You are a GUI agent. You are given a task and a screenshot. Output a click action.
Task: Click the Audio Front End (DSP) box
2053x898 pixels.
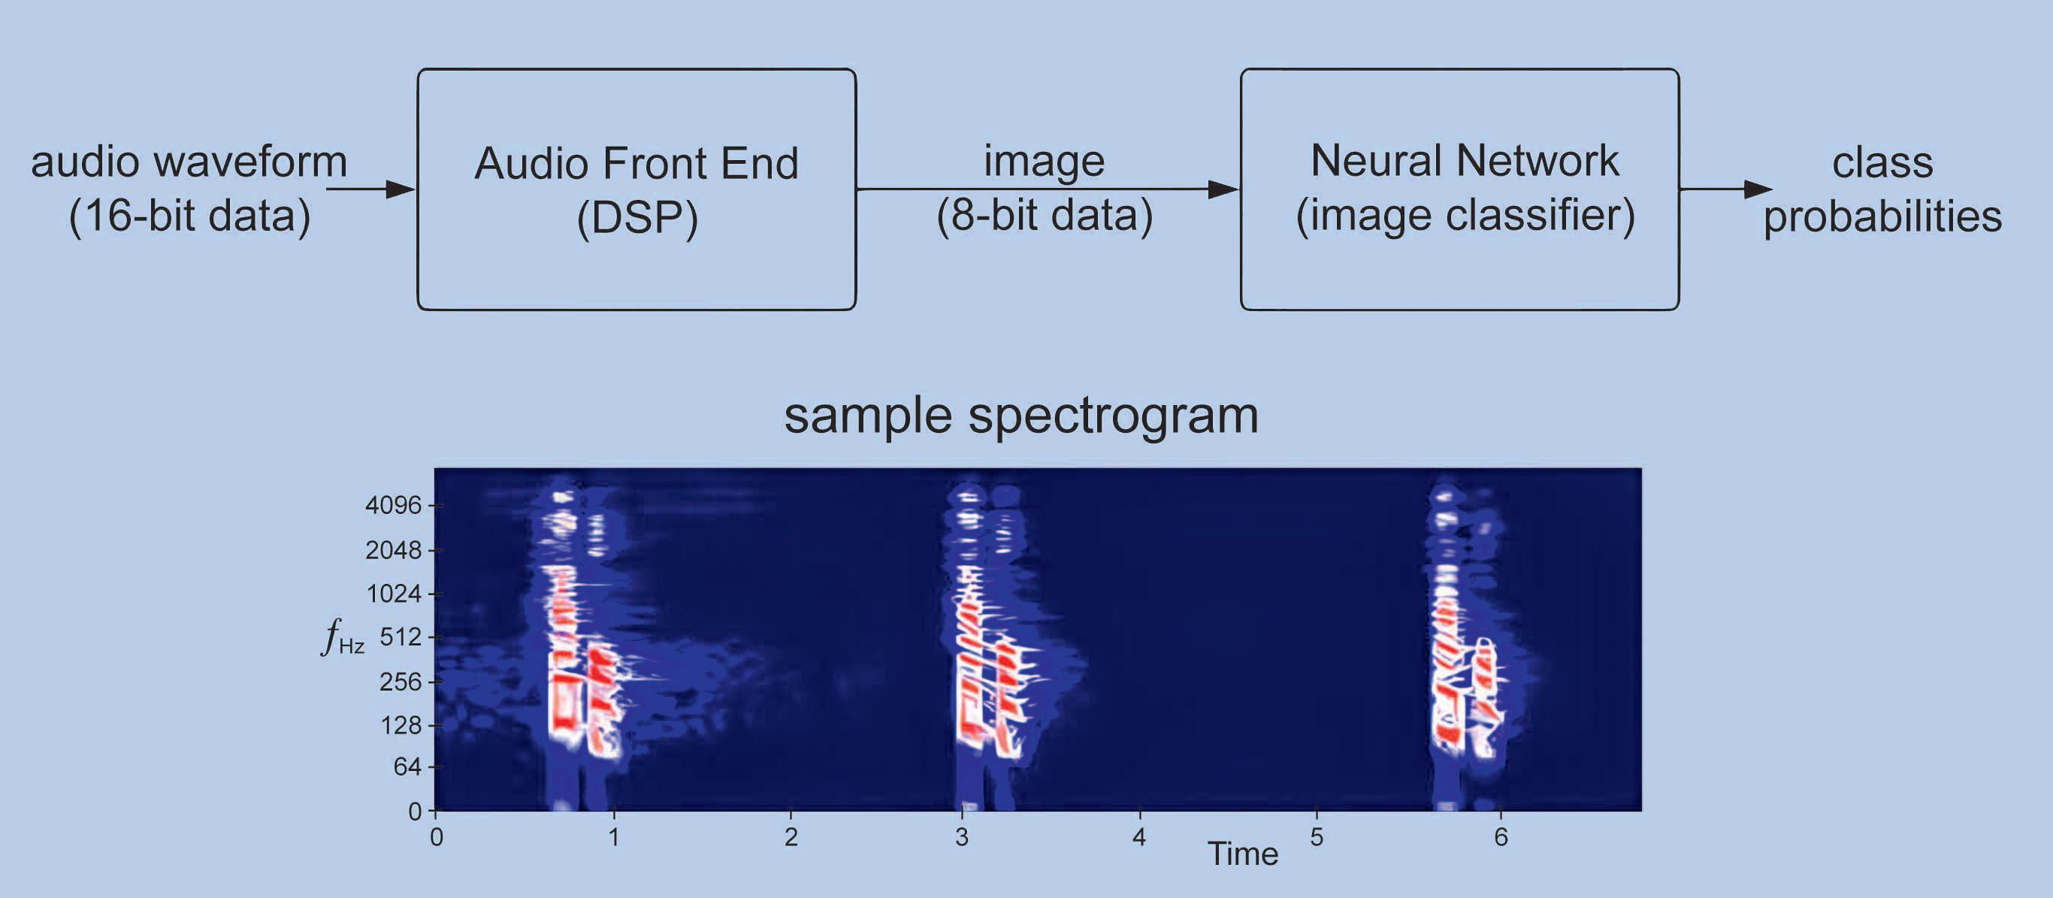point(636,189)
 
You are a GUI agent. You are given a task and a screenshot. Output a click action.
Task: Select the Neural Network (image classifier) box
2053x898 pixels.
point(1459,189)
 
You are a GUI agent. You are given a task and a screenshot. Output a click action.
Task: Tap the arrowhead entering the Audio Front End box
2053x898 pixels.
point(400,189)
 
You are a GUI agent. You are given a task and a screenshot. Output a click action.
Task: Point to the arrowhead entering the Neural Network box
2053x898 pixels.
point(1223,189)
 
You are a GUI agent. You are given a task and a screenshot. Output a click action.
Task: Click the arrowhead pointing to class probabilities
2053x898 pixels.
point(1758,189)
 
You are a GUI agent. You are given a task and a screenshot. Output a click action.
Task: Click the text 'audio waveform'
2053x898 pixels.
point(189,162)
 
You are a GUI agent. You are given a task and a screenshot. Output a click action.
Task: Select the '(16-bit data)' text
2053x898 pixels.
point(189,216)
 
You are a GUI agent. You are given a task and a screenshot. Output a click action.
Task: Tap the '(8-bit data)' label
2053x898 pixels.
point(1044,215)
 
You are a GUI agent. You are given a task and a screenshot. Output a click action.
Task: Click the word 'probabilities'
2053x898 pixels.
point(1882,216)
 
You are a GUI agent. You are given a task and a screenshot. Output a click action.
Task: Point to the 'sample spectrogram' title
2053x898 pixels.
point(1021,415)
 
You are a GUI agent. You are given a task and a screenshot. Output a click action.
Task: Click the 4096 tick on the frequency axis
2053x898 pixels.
point(393,505)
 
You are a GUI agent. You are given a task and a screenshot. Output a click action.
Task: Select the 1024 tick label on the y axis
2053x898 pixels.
point(393,594)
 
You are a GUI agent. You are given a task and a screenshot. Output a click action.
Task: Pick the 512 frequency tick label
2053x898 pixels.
point(400,636)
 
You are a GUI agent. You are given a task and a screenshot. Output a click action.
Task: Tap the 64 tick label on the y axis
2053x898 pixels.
point(407,766)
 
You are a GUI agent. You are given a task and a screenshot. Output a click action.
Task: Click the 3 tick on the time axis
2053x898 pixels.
point(962,836)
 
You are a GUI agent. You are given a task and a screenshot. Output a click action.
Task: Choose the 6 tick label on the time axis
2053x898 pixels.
point(1501,836)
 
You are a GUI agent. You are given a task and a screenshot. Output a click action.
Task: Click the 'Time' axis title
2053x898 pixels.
point(1242,854)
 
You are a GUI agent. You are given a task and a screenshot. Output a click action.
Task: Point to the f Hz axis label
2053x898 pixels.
point(343,638)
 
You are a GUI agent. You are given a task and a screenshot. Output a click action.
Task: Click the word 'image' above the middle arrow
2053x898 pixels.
point(1044,161)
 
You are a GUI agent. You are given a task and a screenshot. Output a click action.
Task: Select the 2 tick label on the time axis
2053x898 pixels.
point(791,836)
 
